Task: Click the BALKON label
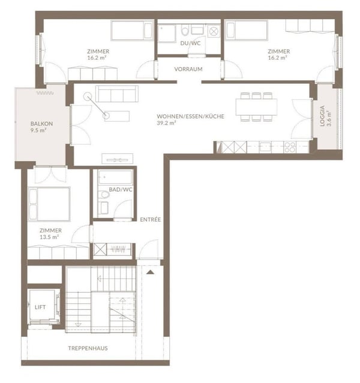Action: coord(41,123)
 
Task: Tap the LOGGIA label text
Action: coord(322,116)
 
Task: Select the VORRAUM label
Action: coord(188,69)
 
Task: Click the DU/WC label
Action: coord(191,43)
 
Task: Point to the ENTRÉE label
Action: coord(151,219)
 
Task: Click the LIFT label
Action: coord(40,307)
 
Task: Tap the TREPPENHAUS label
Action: coord(88,348)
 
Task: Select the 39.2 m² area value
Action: coord(166,123)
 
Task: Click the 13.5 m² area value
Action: coord(49,237)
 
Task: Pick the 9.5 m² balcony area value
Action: coord(38,130)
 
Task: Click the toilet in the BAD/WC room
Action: coord(104,195)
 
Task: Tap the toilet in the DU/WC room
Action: coord(185,30)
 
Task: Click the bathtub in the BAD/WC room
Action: coord(115,177)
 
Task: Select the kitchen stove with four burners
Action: coord(290,147)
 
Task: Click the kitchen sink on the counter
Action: coord(265,147)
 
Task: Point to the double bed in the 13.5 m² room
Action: coord(49,204)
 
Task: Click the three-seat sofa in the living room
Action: coord(117,94)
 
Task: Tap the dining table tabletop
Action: coord(256,107)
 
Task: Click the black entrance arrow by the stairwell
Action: coord(150,272)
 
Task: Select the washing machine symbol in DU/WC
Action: coord(214,31)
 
